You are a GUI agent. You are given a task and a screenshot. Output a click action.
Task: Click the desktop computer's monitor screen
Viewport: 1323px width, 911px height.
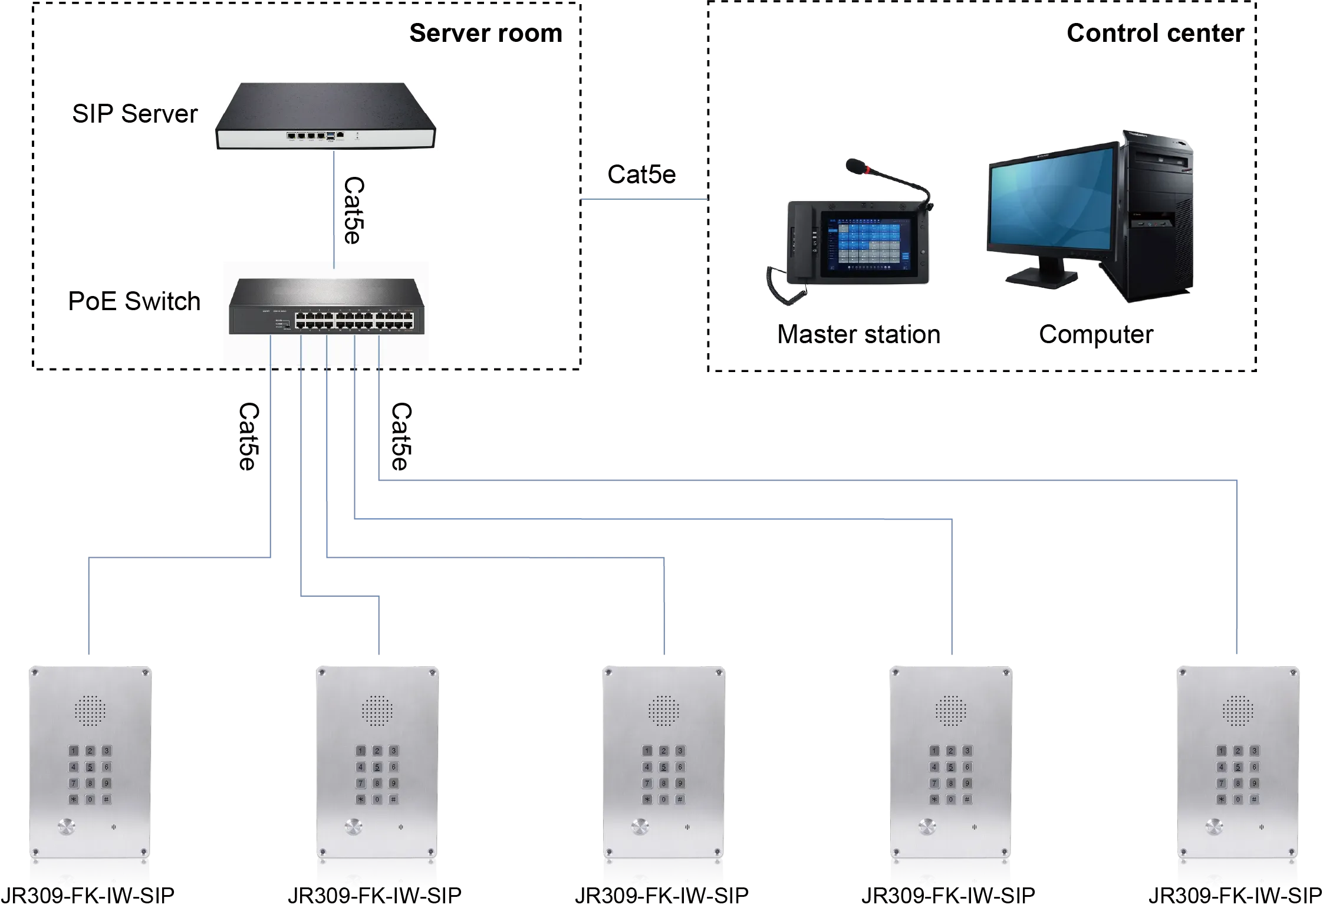(x=1051, y=206)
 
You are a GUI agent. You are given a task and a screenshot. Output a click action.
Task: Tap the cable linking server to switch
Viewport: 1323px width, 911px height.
(x=334, y=206)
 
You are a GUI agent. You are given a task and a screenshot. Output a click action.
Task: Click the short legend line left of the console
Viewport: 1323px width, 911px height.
(x=644, y=200)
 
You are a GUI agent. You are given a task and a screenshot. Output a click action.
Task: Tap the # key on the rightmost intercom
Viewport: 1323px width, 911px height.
(x=1255, y=800)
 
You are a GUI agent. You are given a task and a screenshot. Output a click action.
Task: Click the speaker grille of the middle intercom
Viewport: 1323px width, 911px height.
(x=664, y=711)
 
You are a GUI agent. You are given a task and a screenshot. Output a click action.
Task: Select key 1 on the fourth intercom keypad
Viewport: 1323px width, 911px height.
(x=934, y=751)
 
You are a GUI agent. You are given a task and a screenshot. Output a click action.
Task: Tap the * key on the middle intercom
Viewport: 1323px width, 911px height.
(x=647, y=800)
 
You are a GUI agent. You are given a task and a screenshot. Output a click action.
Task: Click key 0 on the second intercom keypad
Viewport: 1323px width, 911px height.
(x=377, y=800)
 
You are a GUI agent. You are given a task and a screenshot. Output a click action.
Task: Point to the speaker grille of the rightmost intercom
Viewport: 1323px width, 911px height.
(x=1238, y=711)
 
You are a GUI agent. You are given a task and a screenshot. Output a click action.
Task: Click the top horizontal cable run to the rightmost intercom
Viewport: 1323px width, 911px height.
(x=808, y=478)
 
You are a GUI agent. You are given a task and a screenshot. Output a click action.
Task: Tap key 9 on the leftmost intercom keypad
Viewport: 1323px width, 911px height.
(x=106, y=784)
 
